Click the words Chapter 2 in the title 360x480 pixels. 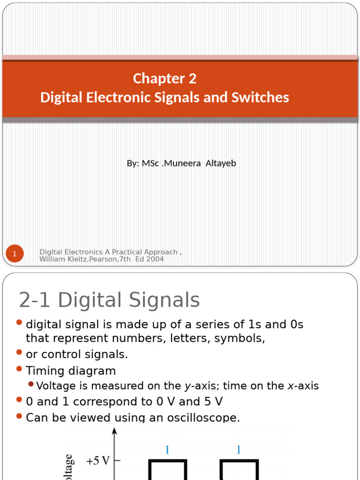tap(165, 78)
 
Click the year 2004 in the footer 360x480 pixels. tap(155, 259)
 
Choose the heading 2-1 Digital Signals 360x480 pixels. tap(109, 300)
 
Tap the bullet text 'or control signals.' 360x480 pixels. tap(77, 354)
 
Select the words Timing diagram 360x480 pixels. tap(71, 371)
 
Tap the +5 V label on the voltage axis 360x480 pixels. tap(97, 461)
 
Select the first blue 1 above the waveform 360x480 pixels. tap(167, 450)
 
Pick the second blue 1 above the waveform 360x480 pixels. tap(239, 450)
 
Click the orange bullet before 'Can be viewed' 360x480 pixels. tap(19, 416)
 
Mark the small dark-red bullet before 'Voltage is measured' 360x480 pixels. tap(31, 385)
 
